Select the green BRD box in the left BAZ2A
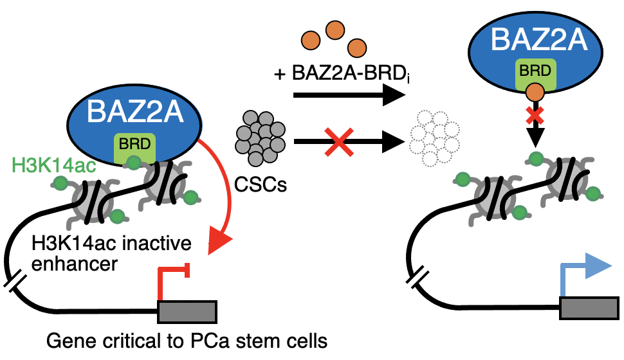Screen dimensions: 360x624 pyautogui.click(x=134, y=148)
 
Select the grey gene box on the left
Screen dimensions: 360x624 pyautogui.click(x=187, y=312)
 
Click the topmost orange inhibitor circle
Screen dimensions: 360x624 pyautogui.click(x=335, y=29)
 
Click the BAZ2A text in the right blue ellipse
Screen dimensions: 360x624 pyautogui.click(x=538, y=40)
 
